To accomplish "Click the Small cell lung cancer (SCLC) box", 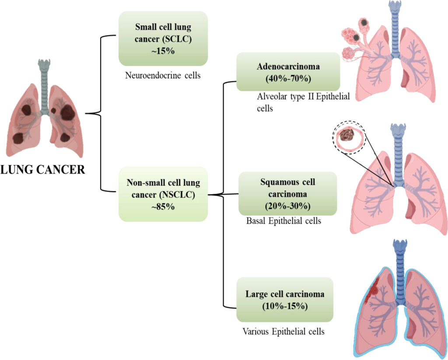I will (x=163, y=38).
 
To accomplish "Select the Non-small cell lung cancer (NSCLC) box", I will (x=163, y=194).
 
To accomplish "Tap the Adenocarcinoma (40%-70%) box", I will (x=288, y=72).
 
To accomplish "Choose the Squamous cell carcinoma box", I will (x=287, y=193).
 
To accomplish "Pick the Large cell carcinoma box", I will (x=284, y=300).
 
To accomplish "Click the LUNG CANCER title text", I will (x=43, y=169).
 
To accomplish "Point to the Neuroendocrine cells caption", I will (x=163, y=76).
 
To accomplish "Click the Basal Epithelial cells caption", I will (x=284, y=221).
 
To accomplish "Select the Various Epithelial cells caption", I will (x=283, y=332).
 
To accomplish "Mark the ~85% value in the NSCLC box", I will (x=163, y=206).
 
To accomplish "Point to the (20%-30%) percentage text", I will (x=287, y=206).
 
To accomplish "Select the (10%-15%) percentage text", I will (x=284, y=306).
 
